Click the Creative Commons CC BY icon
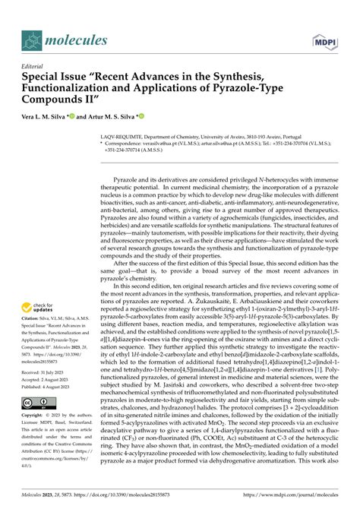(x=40, y=423)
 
